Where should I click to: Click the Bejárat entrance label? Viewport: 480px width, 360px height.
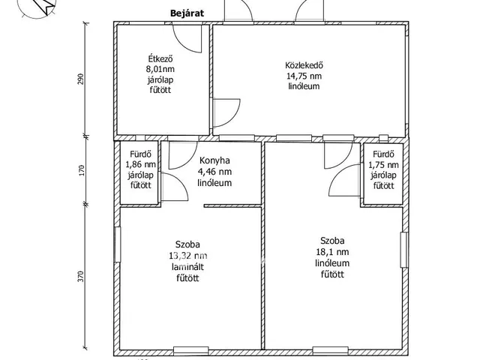tap(187, 13)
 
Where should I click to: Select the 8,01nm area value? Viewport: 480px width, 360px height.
tap(160, 69)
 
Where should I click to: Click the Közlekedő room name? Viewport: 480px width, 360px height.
tap(304, 65)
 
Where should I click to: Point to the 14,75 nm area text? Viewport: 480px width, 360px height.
tap(304, 76)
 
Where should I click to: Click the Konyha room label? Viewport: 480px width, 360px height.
tap(214, 160)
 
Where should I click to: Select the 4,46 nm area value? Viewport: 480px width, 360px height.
tap(214, 172)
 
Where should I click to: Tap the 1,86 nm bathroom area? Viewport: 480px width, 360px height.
tap(140, 165)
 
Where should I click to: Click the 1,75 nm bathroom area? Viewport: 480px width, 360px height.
tap(383, 165)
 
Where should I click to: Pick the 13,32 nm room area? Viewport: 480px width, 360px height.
tap(188, 256)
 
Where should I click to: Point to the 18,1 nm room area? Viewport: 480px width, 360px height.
tap(332, 252)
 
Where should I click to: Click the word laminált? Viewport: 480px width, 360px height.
tap(188, 267)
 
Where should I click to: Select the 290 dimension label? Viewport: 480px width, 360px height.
tap(80, 79)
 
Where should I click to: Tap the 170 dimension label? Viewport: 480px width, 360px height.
tap(81, 170)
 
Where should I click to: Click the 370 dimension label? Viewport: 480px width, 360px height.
tap(80, 277)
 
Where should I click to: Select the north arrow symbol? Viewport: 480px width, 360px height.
tap(42, 4)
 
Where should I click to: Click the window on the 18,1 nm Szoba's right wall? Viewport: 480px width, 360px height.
tap(404, 250)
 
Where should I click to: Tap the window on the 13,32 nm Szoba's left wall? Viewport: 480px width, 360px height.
tap(118, 244)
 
